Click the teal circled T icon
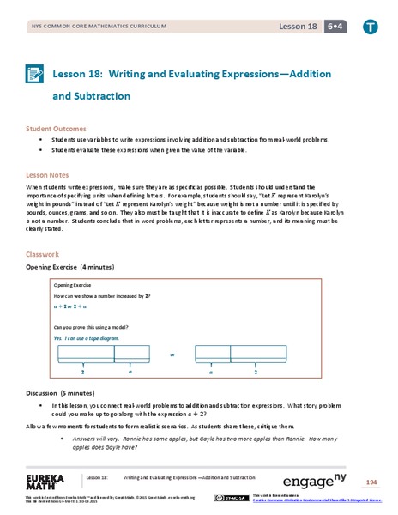point(369,27)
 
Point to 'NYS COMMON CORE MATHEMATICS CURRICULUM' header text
point(87,27)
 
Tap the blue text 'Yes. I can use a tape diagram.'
point(87,338)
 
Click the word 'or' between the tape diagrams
point(172,354)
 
